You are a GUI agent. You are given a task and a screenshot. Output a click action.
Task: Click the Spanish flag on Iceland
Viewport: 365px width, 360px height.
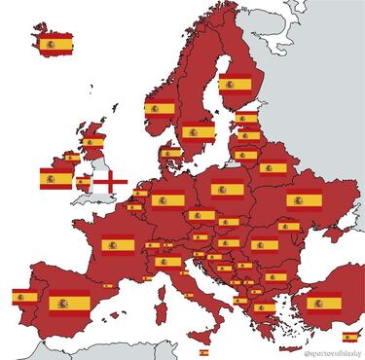tap(51, 45)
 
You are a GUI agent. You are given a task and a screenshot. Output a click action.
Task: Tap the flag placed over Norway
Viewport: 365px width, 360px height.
tap(159, 108)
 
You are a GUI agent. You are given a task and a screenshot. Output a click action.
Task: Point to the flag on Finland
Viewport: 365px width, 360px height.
tap(234, 83)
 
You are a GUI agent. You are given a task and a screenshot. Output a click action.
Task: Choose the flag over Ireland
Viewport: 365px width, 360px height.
tap(55, 177)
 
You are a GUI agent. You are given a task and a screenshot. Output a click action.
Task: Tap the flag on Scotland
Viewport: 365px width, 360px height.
tap(92, 141)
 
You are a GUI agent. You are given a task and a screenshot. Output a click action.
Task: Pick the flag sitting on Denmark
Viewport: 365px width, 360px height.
tap(171, 152)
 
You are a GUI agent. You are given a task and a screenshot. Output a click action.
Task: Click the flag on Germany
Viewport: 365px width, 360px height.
tap(166, 201)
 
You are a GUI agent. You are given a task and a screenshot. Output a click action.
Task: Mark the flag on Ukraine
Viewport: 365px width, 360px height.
tap(304, 200)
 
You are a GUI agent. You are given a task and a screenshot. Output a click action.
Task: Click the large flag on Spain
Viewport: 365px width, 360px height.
tap(65, 305)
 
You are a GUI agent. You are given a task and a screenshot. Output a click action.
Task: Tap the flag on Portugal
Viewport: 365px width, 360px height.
tap(23, 297)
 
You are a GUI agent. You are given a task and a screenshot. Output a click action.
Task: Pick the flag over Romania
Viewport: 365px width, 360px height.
tap(264, 245)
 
